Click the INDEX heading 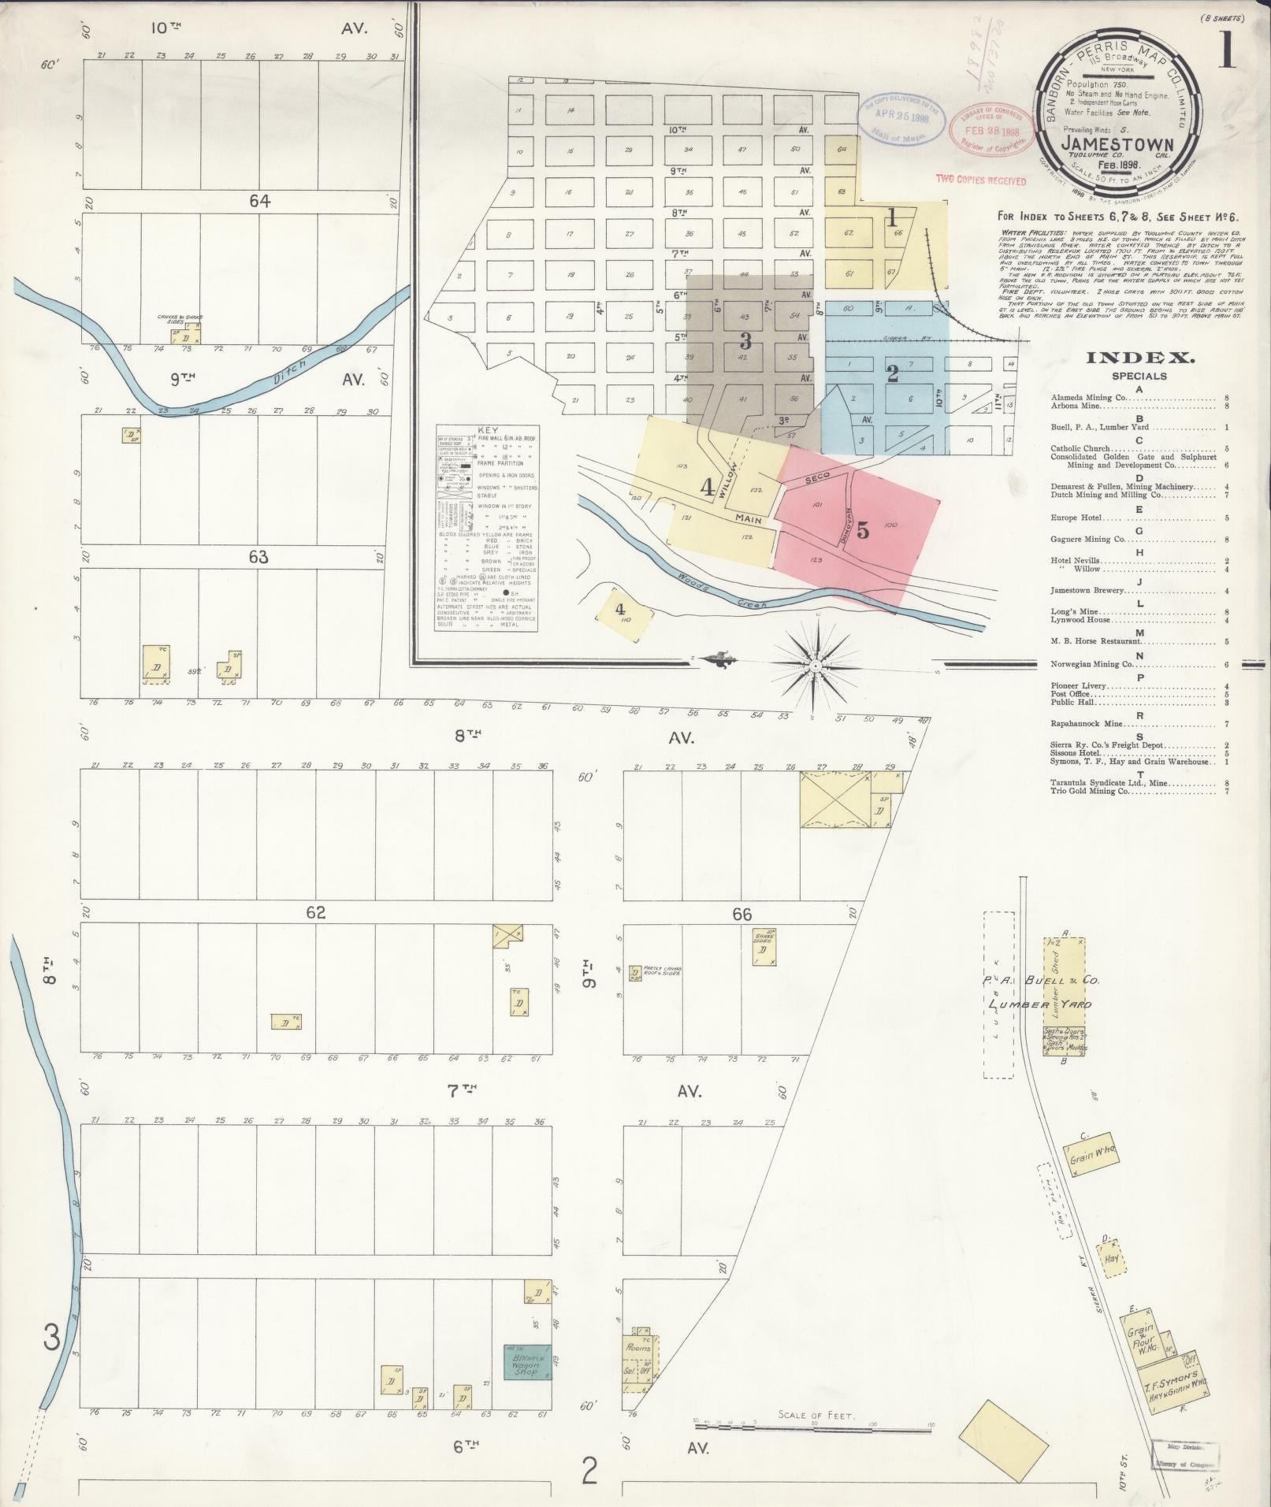tap(1139, 358)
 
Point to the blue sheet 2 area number tap(892, 373)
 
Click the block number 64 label tap(260, 202)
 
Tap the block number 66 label tap(741, 915)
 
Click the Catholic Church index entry tap(1083, 448)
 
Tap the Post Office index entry tap(1069, 695)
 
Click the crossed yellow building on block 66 tap(834, 799)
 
